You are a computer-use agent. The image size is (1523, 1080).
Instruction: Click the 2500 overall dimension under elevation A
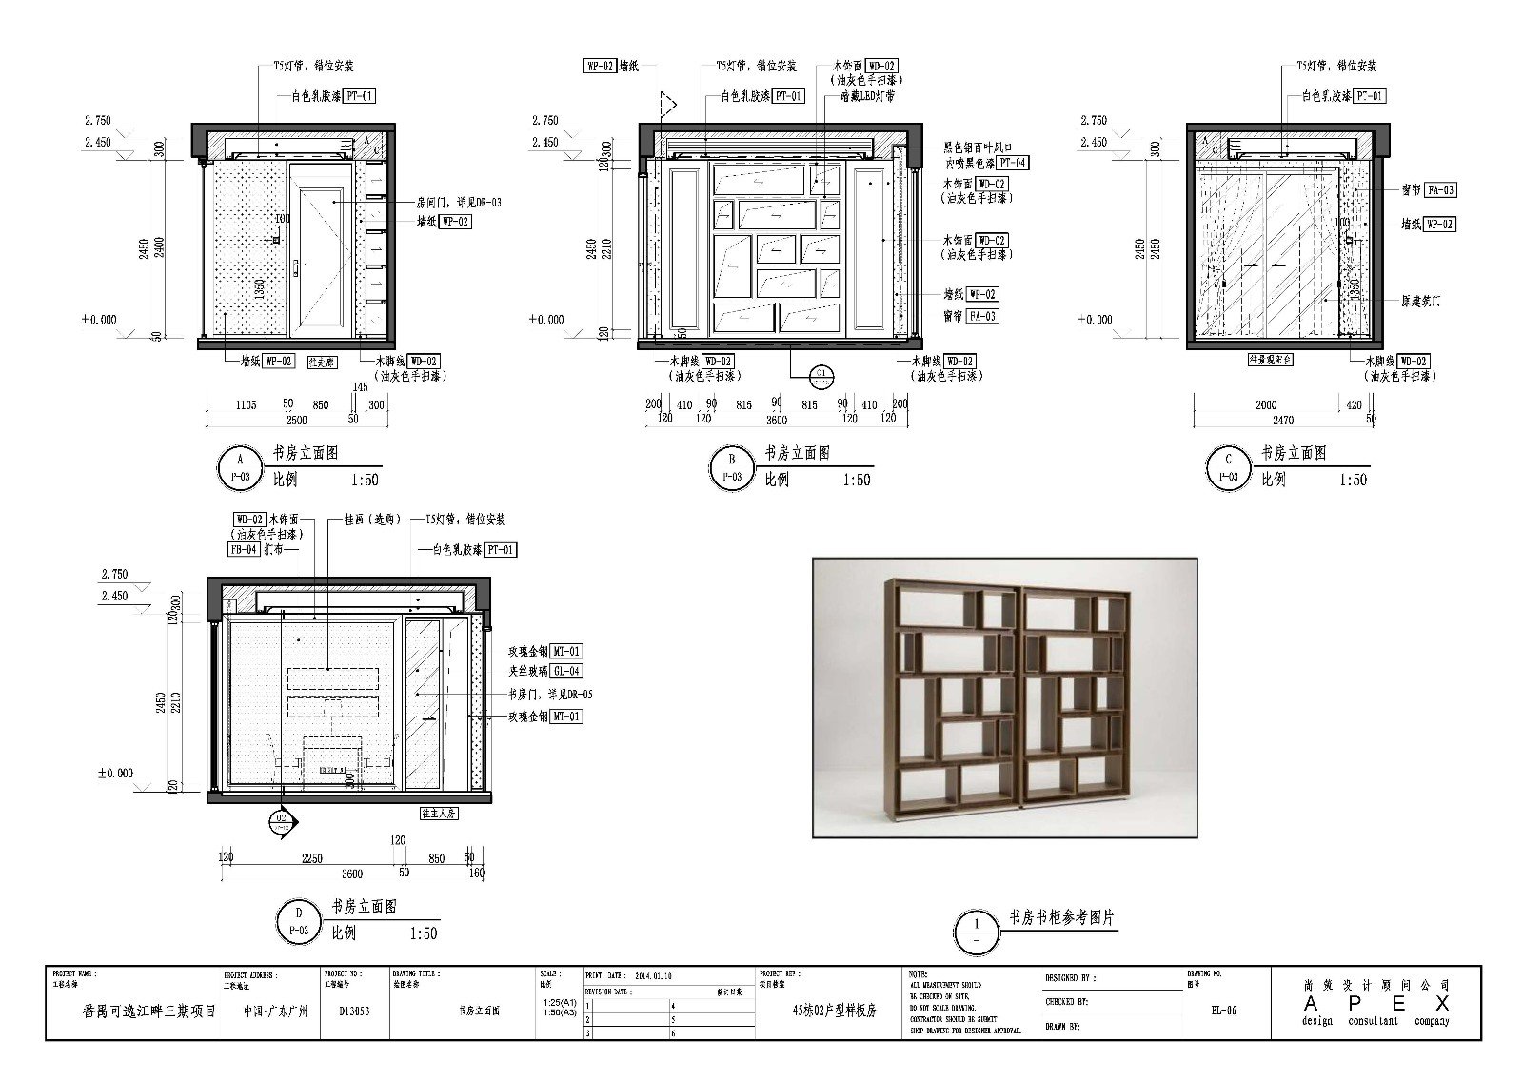pyautogui.click(x=296, y=420)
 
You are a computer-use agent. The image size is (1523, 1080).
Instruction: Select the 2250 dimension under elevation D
pyautogui.click(x=311, y=857)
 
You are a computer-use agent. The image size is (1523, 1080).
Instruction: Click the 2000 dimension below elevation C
pyautogui.click(x=1265, y=404)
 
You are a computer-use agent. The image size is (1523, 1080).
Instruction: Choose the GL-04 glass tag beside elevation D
pyautogui.click(x=567, y=671)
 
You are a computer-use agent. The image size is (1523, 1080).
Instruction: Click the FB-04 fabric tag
pyautogui.click(x=243, y=550)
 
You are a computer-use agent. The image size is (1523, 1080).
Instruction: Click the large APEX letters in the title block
pyautogui.click(x=1376, y=1004)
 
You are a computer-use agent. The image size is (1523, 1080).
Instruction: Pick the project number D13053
pyautogui.click(x=354, y=1011)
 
